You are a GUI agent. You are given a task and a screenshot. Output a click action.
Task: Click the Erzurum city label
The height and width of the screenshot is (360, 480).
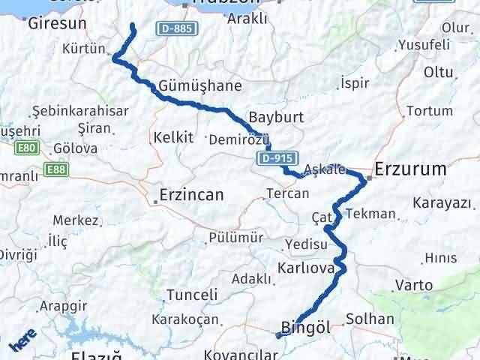421,169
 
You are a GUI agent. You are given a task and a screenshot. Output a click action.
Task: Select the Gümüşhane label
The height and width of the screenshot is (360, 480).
189,85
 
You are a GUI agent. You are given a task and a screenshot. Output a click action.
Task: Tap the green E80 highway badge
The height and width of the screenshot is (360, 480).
26,148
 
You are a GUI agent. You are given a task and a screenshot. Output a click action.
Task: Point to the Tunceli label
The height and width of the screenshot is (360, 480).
191,295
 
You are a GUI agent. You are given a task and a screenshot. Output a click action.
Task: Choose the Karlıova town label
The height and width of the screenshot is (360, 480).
304,268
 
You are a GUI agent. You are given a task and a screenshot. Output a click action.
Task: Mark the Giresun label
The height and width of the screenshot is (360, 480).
57,23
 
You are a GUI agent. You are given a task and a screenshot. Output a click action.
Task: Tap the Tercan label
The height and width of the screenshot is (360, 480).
287,193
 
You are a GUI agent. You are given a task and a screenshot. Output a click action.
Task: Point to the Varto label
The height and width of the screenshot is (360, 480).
414,285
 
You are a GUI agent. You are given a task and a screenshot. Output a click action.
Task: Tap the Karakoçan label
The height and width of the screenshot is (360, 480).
185,319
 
